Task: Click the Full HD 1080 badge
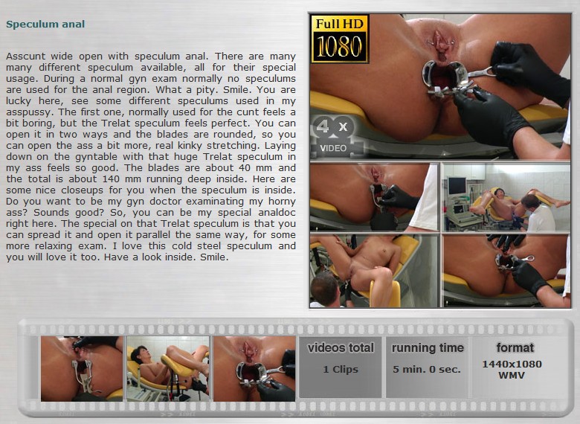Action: coord(340,39)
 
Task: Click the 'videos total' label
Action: coord(341,348)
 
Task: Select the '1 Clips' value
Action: coord(341,369)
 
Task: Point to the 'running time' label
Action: coord(428,348)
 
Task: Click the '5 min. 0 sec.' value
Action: coord(427,369)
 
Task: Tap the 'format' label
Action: coord(515,348)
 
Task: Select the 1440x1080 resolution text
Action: coord(512,364)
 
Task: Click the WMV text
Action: coord(512,375)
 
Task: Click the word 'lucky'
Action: coord(19,101)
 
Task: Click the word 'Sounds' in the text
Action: coord(51,213)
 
